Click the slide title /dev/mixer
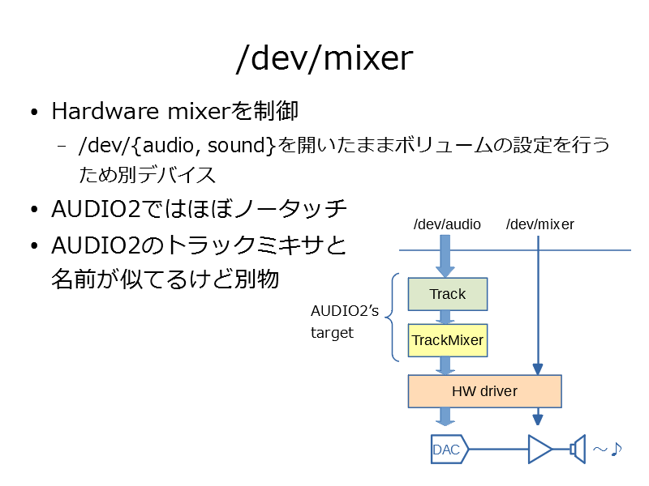tap(324, 59)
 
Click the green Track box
tap(448, 294)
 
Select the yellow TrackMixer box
tap(448, 340)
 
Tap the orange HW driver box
tap(484, 391)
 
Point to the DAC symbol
tap(449, 450)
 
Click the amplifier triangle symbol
tap(539, 450)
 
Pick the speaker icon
tap(578, 450)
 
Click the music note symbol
tap(617, 449)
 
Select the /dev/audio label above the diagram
tap(447, 224)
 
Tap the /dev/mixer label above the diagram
tap(539, 224)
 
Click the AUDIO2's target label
tap(344, 322)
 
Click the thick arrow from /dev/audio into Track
tap(445, 256)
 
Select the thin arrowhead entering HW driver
tap(538, 369)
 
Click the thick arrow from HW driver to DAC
tap(445, 416)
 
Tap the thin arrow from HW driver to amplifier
tap(538, 416)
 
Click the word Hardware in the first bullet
tap(105, 111)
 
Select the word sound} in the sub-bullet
tap(241, 146)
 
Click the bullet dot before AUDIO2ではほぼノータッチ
tap(34, 210)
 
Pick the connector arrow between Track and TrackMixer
tap(445, 318)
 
